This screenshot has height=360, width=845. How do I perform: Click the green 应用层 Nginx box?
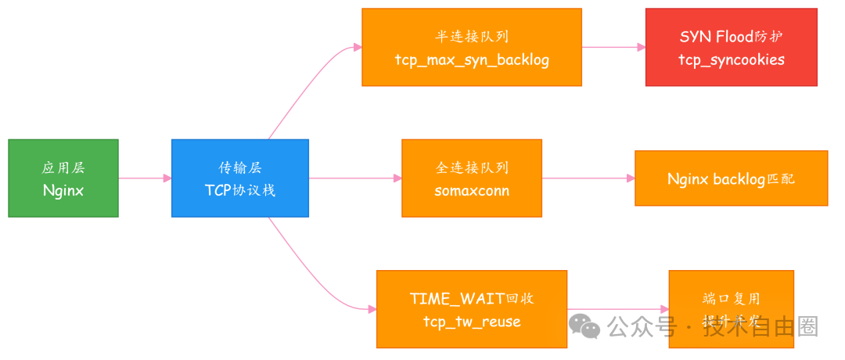[x=63, y=178]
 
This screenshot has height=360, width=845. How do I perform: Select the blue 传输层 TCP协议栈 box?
[x=239, y=178]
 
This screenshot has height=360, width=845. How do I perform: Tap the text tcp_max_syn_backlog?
[x=472, y=60]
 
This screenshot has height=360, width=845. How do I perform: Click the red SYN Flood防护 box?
[x=731, y=47]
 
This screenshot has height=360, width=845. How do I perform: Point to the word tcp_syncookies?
[x=731, y=59]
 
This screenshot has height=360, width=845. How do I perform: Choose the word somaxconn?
[x=471, y=190]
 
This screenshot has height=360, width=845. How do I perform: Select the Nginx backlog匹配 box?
[x=731, y=178]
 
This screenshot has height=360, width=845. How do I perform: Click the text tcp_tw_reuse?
[x=471, y=322]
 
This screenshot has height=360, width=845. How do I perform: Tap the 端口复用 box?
[x=731, y=308]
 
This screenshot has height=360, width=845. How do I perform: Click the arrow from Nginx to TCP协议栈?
[x=145, y=178]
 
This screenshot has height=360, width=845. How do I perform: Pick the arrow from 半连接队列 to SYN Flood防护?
[x=613, y=47]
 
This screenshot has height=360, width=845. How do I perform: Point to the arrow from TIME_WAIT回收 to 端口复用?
[x=618, y=309]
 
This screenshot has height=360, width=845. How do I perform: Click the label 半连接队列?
[x=472, y=37]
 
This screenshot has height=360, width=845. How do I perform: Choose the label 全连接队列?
[x=471, y=167]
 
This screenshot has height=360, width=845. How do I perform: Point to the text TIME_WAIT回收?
[x=471, y=298]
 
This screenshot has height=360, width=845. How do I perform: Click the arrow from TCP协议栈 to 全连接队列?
[x=355, y=178]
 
